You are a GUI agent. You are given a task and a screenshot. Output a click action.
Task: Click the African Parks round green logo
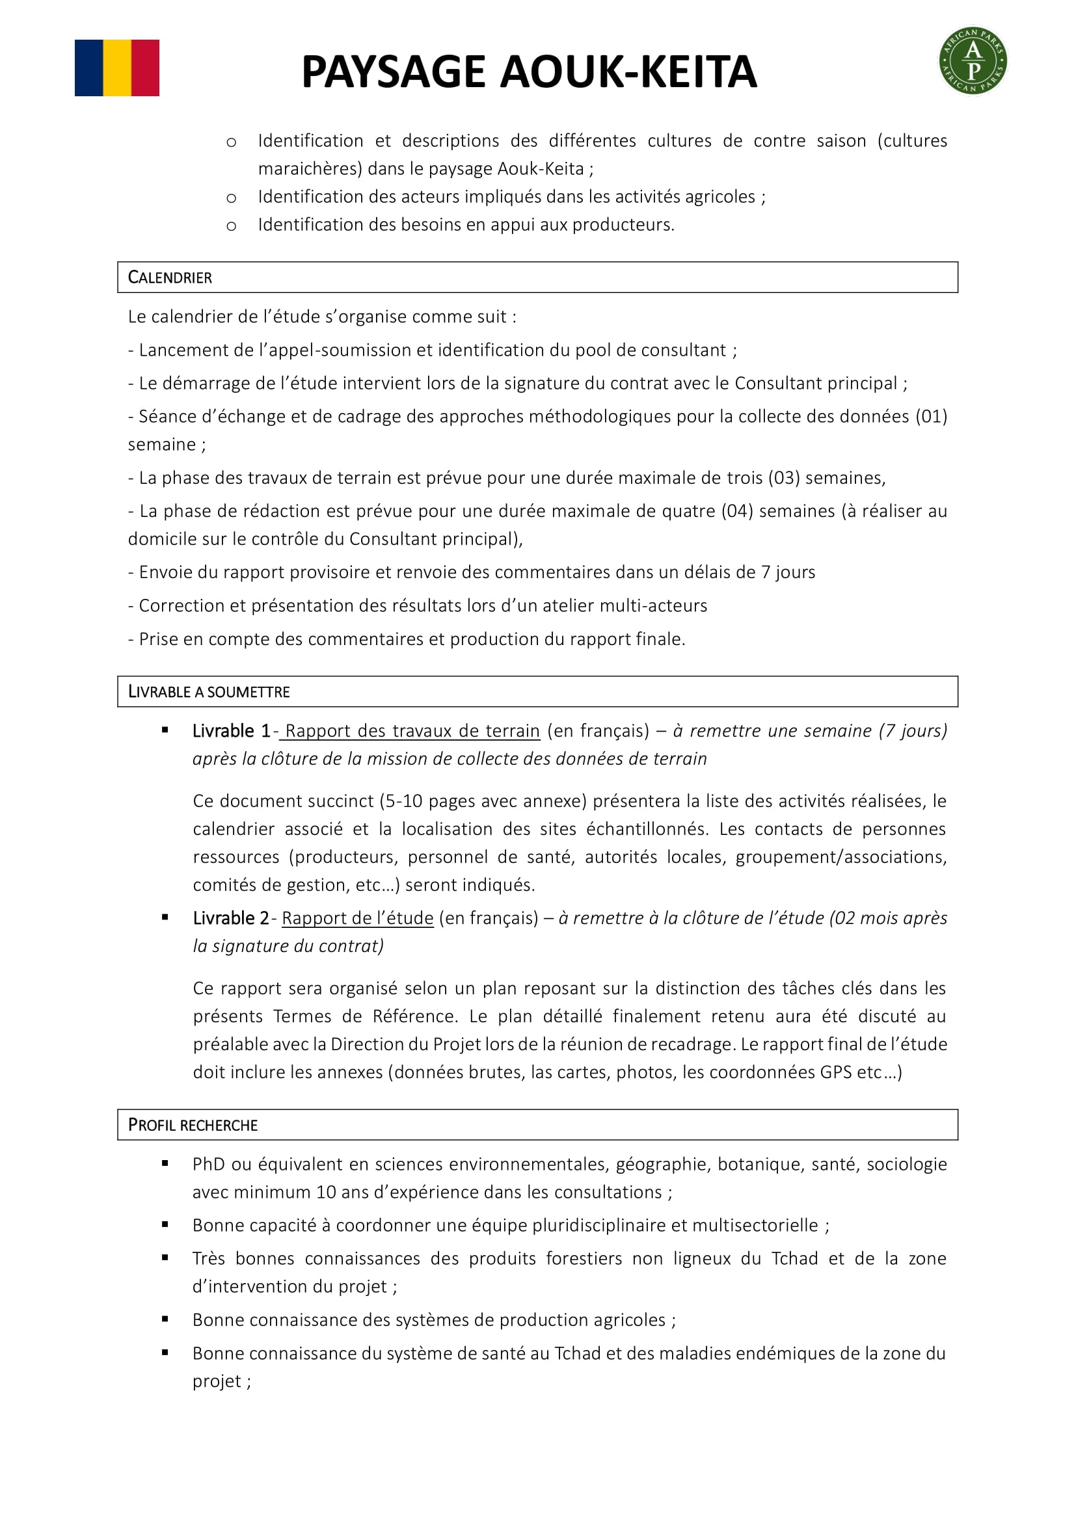click(x=973, y=61)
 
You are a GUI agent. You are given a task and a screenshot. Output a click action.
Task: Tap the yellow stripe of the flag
click(x=116, y=68)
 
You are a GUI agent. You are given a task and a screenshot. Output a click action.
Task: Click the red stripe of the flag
click(x=145, y=68)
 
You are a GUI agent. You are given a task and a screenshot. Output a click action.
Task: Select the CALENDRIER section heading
click(x=170, y=278)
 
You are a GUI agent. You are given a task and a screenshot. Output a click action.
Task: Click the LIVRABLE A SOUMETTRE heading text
click(x=209, y=692)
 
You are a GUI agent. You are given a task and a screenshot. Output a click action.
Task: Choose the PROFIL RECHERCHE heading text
click(x=193, y=1125)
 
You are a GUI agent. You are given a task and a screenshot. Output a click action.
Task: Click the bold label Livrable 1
click(x=231, y=731)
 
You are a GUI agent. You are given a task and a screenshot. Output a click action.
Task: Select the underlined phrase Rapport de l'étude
click(x=358, y=918)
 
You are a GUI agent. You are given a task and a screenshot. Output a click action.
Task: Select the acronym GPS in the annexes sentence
click(x=835, y=1072)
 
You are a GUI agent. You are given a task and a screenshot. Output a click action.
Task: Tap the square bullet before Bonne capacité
click(x=165, y=1225)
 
